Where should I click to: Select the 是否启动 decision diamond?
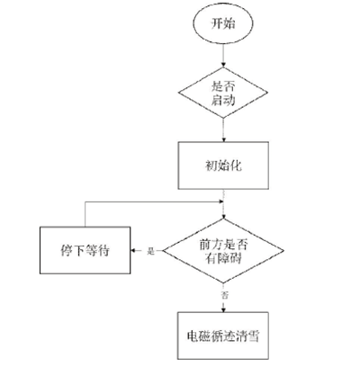pos(223,93)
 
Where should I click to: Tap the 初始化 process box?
pos(223,166)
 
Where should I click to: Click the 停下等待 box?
pos(85,250)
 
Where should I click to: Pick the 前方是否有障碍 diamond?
pos(223,251)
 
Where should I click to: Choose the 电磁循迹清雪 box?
pos(223,336)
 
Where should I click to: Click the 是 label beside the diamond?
pos(150,251)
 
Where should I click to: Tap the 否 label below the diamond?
pos(224,295)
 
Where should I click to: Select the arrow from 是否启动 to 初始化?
pos(223,130)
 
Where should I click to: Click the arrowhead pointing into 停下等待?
pos(133,251)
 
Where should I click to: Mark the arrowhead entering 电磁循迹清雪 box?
pos(223,309)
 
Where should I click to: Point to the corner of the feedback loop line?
pos(85,202)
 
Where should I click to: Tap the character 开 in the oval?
pos(217,23)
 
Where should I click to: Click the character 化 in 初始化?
pos(236,166)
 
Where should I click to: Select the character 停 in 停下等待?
pos(67,251)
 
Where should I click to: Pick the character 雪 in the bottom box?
pos(254,336)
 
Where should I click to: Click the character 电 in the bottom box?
pos(193,336)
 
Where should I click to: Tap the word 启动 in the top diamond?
pos(223,100)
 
